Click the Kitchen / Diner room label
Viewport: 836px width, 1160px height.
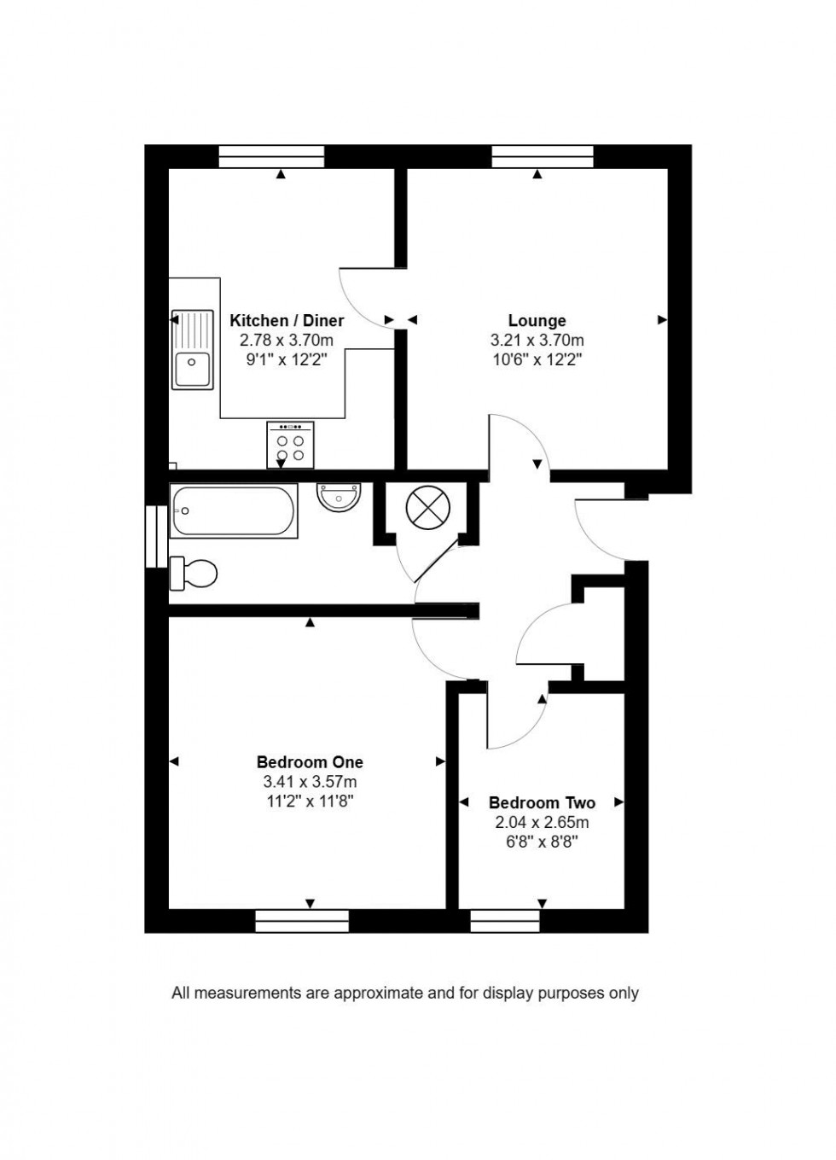[x=287, y=321]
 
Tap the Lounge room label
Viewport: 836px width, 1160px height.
[x=537, y=321]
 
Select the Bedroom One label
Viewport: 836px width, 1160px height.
[x=310, y=762]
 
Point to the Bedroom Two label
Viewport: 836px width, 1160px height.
[x=542, y=803]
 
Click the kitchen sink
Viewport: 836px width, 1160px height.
[x=192, y=349]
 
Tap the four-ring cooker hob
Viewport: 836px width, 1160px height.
[x=290, y=445]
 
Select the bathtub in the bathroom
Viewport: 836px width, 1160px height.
[x=234, y=510]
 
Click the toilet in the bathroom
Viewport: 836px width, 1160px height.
[x=194, y=573]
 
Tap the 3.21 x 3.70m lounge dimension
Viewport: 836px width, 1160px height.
[x=537, y=341]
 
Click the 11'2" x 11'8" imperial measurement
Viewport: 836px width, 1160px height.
[x=310, y=802]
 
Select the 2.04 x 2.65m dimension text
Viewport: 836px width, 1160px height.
[x=542, y=823]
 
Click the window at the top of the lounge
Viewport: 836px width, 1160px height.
[x=543, y=156]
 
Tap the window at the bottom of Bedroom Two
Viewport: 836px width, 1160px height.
[x=505, y=921]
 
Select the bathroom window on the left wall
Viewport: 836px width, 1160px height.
[x=156, y=536]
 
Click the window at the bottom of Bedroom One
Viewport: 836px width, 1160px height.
[x=302, y=921]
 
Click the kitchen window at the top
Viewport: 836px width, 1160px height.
[x=271, y=156]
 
